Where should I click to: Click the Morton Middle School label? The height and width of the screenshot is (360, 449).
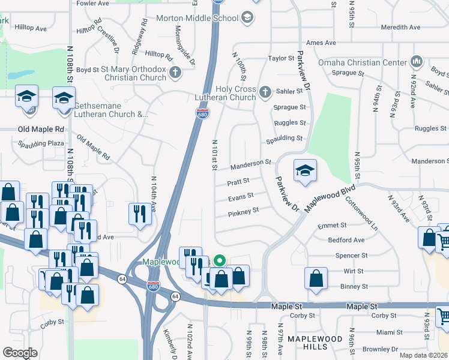pyautogui.click(x=197, y=18)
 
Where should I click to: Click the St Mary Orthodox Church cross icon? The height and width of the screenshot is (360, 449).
pyautogui.click(x=175, y=74)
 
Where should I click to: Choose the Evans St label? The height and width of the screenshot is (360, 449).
pyautogui.click(x=241, y=196)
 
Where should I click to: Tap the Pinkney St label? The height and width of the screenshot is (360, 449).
pyautogui.click(x=243, y=211)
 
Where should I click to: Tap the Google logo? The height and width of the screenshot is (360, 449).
pyautogui.click(x=20, y=353)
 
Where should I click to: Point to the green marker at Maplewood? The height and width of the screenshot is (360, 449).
pyautogui.click(x=220, y=260)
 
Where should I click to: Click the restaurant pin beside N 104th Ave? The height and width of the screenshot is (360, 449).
pyautogui.click(x=139, y=213)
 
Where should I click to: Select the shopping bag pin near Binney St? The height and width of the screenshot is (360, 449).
pyautogui.click(x=316, y=278)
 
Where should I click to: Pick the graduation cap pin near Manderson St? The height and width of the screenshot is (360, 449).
pyautogui.click(x=304, y=170)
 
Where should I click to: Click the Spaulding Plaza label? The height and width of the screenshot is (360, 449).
pyautogui.click(x=41, y=144)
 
